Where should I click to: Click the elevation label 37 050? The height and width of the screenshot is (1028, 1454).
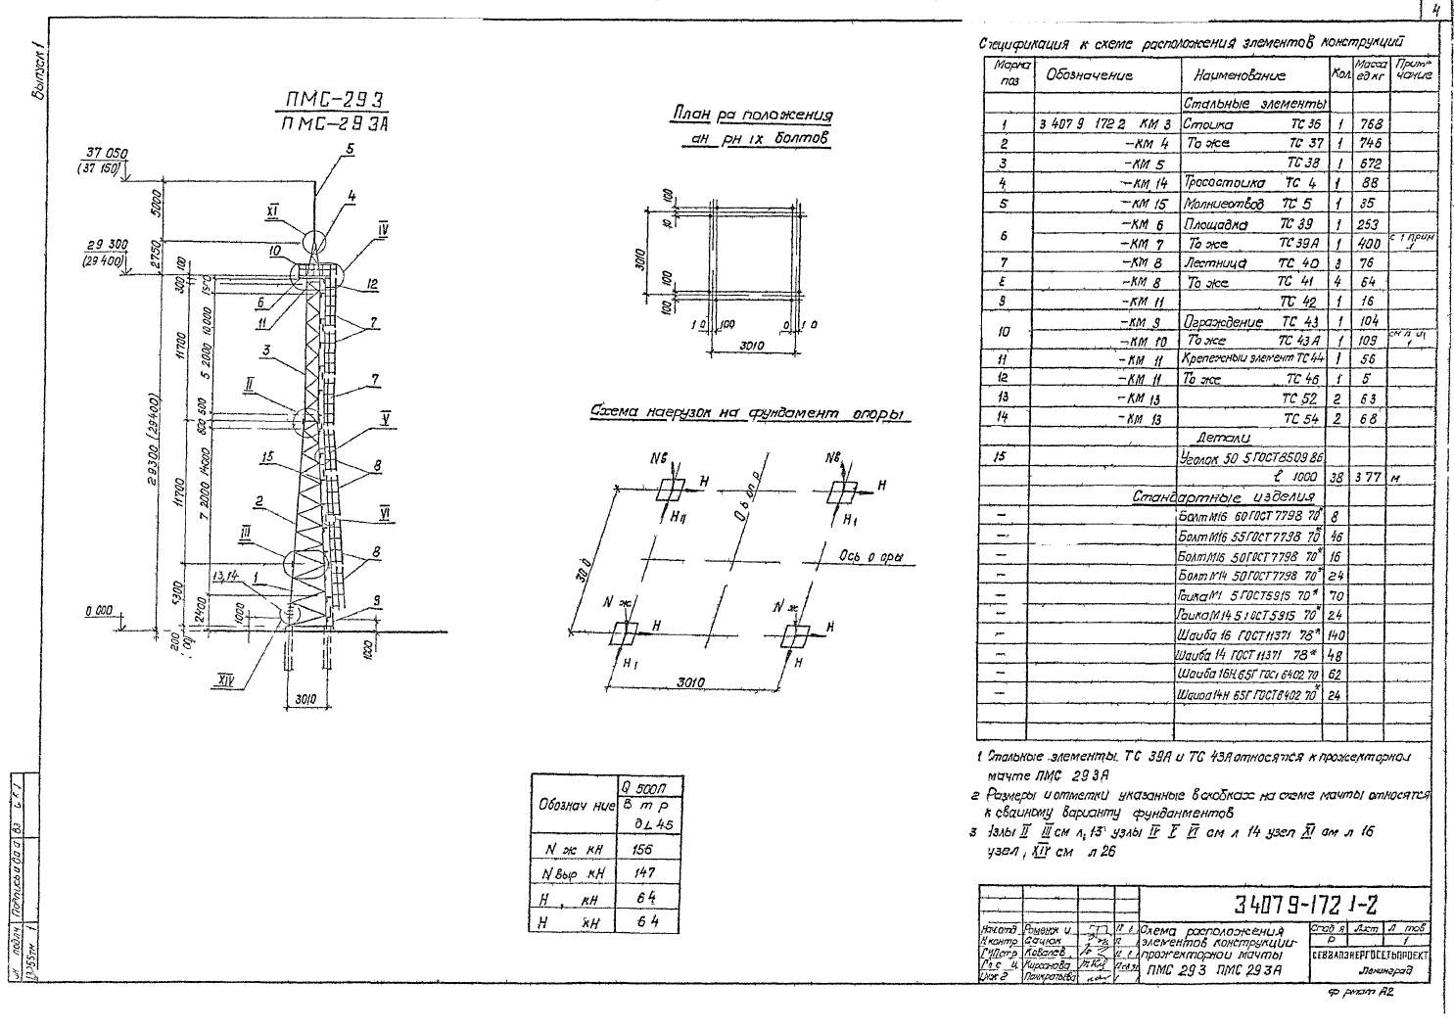[x=107, y=153]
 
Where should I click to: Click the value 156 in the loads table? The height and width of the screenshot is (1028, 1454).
[x=642, y=850]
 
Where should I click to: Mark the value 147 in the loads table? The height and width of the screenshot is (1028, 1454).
[x=642, y=873]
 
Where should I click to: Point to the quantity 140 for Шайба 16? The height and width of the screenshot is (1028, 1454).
[x=1337, y=634]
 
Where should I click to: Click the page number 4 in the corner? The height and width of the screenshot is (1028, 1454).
[x=1433, y=12]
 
